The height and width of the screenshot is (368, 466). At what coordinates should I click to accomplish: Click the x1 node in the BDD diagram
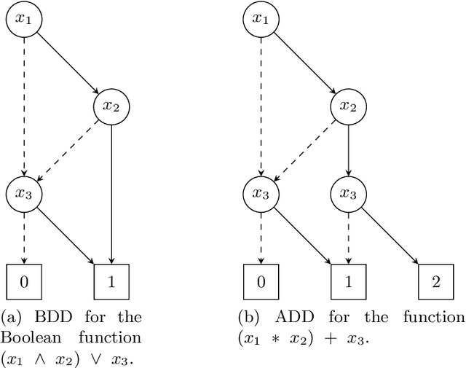click(23, 19)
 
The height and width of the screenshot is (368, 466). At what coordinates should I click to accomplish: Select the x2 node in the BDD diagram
click(111, 106)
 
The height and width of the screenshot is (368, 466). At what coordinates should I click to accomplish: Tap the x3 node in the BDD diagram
click(23, 194)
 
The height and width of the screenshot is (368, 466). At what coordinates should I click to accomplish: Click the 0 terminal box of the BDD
click(23, 281)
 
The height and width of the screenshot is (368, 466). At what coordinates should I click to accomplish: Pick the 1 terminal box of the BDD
click(111, 281)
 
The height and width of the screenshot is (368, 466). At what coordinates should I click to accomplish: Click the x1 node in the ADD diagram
click(260, 19)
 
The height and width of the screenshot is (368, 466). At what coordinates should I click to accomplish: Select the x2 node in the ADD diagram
click(348, 106)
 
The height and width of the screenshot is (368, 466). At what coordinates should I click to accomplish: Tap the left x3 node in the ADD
click(260, 194)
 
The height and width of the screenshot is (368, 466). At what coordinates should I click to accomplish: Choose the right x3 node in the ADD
click(348, 194)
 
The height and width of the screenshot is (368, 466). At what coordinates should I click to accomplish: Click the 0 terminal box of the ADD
click(260, 281)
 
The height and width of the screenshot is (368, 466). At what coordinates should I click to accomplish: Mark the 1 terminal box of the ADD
click(348, 281)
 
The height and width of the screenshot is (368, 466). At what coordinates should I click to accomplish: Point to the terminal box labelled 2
click(435, 281)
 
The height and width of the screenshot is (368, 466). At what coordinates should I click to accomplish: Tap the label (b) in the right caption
click(249, 317)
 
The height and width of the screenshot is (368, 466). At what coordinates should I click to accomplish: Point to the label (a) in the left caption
click(12, 317)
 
